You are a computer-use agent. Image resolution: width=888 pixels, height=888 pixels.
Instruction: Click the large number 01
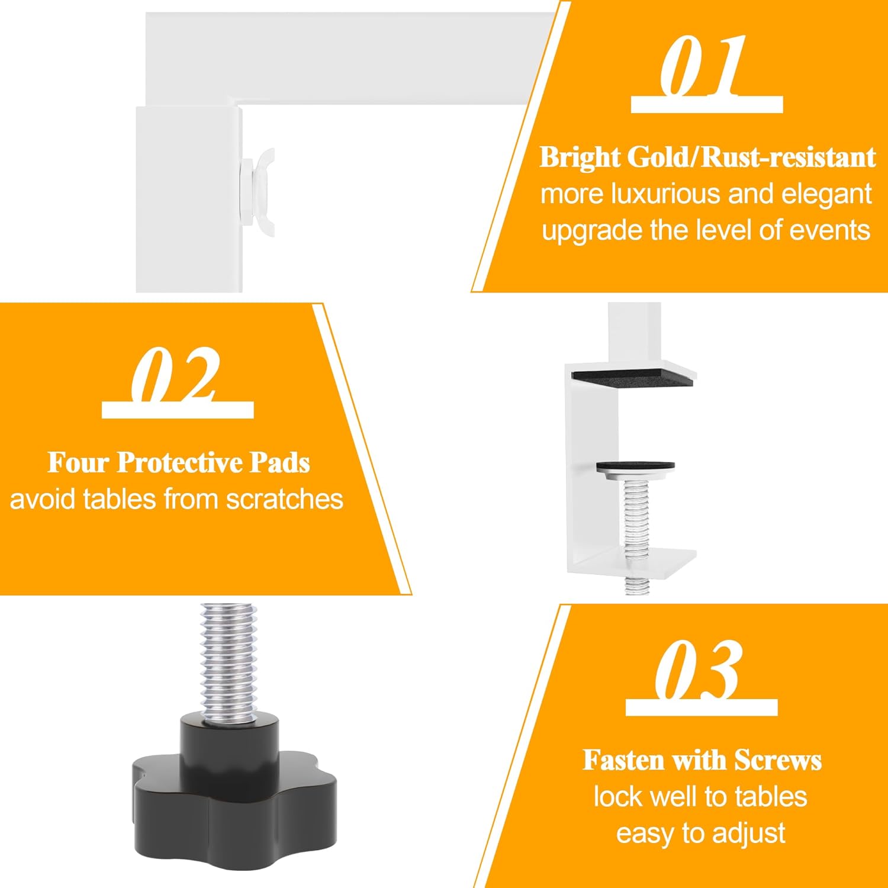[x=703, y=66]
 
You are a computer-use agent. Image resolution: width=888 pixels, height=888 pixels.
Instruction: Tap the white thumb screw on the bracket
[x=259, y=191]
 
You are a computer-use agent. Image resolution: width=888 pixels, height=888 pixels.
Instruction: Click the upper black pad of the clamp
[x=632, y=378]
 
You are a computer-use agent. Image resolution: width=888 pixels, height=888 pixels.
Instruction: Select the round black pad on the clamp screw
[x=635, y=466]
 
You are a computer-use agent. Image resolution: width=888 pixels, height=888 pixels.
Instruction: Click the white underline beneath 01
[x=707, y=105]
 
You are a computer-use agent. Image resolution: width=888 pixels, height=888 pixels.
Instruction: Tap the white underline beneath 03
[x=702, y=707]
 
